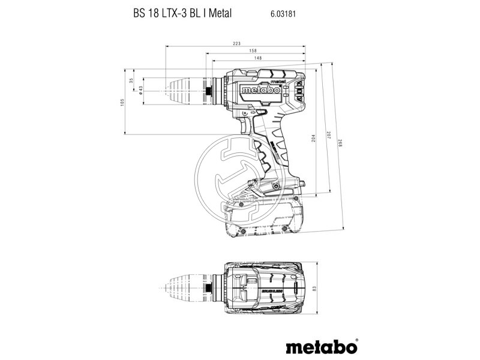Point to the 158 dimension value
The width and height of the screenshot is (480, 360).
pos(254,51)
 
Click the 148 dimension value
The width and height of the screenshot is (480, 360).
pos(256,58)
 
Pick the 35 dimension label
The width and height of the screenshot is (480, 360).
pos(131,82)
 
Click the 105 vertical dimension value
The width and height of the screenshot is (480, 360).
pos(122,102)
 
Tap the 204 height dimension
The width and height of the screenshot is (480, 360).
pos(313,138)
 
